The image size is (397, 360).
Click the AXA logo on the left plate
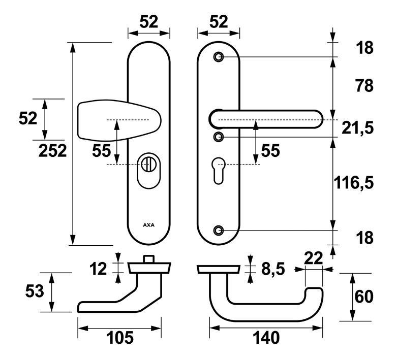coord(149,224)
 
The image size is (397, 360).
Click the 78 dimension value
coord(364,85)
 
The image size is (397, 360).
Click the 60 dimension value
coord(364,297)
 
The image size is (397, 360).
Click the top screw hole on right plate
coord(219,56)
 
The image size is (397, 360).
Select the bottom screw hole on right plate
coord(219,231)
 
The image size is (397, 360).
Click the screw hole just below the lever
coord(219,137)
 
